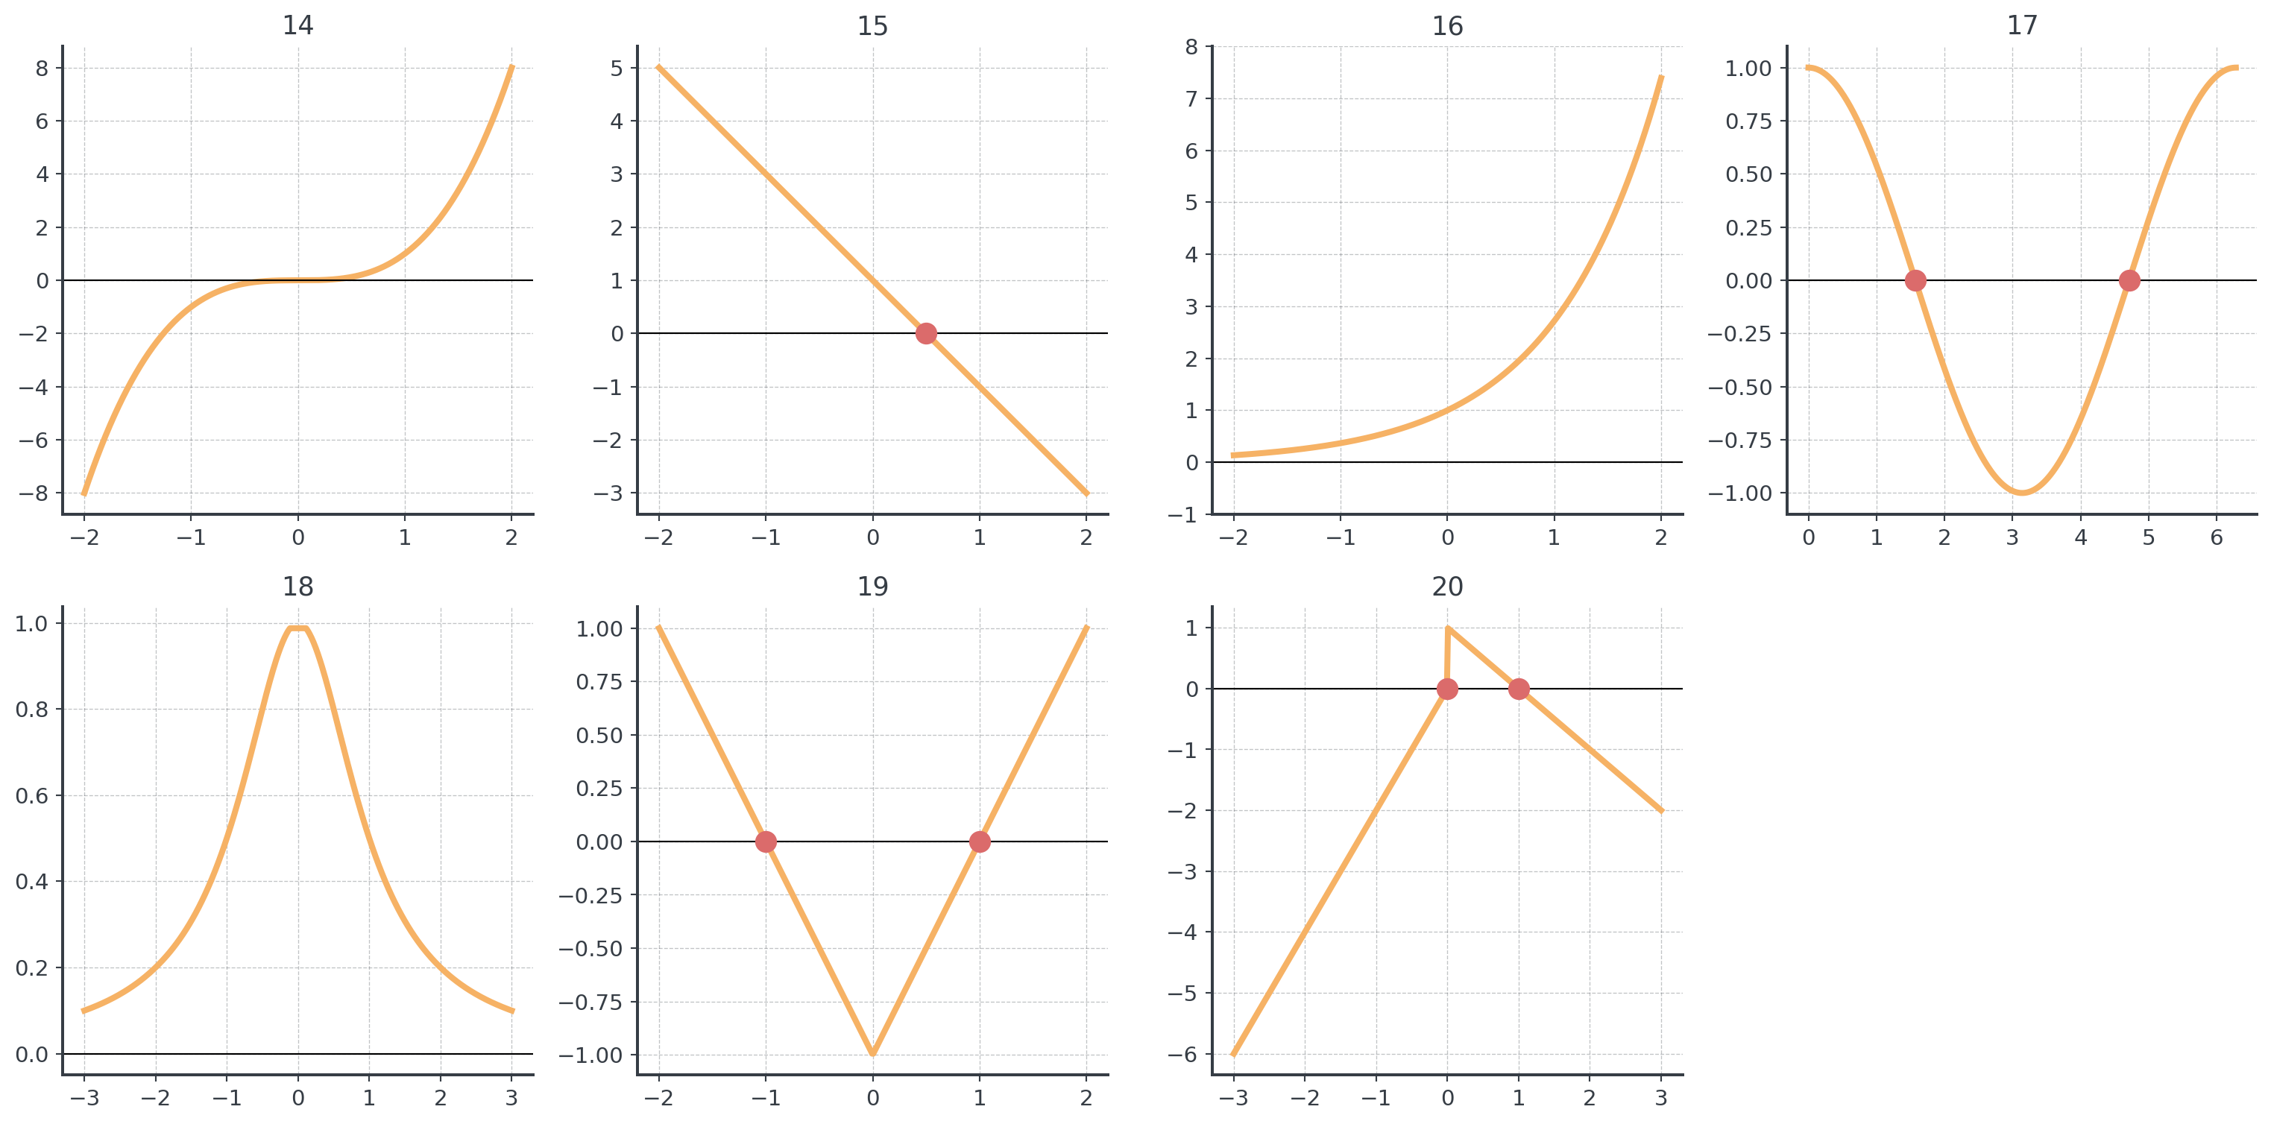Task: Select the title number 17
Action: pyautogui.click(x=2021, y=25)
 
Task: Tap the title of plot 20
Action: pyautogui.click(x=1446, y=587)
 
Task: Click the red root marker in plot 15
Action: pyautogui.click(x=926, y=333)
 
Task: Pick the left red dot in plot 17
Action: pyautogui.click(x=1915, y=280)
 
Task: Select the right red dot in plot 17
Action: pyautogui.click(x=2129, y=280)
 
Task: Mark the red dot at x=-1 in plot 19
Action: pyautogui.click(x=766, y=842)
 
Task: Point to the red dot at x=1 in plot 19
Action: pyautogui.click(x=980, y=842)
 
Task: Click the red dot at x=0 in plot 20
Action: pyautogui.click(x=1446, y=689)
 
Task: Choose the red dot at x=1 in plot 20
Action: pyautogui.click(x=1518, y=689)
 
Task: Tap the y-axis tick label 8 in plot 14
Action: pyautogui.click(x=42, y=68)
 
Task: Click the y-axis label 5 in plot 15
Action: pyautogui.click(x=617, y=68)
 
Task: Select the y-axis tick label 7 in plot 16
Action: pyautogui.click(x=1191, y=98)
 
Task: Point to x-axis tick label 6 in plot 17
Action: pyautogui.click(x=2217, y=537)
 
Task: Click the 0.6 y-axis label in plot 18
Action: pyautogui.click(x=32, y=795)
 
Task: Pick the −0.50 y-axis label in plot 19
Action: pyautogui.click(x=590, y=949)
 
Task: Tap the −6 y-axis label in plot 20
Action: pyautogui.click(x=1183, y=1055)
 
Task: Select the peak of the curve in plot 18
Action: pyautogui.click(x=298, y=625)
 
